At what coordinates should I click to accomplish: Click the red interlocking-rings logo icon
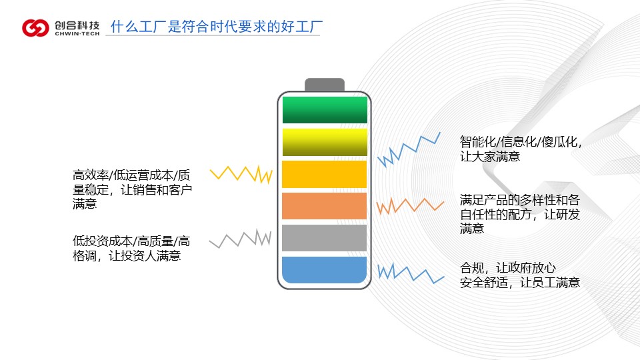pos(35,28)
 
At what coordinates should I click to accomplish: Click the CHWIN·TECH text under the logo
pos(77,34)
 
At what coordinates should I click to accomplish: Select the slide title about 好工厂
pos(216,27)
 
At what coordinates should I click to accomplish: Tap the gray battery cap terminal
pos(325,85)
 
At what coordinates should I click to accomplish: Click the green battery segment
pos(325,110)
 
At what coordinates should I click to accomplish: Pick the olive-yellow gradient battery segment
pos(325,142)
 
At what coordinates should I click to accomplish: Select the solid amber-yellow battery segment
pos(325,174)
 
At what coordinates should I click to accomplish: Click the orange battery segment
pos(325,206)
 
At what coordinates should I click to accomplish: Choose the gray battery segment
pos(325,238)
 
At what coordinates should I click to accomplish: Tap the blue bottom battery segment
pos(325,270)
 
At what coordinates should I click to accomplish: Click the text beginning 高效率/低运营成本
pos(132,189)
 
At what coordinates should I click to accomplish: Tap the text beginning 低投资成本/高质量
pos(131,249)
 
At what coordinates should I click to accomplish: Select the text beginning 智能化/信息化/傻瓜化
pos(521,149)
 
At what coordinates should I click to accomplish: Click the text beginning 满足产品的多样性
pos(519,214)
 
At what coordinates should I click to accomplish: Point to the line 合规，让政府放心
pos(508,268)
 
